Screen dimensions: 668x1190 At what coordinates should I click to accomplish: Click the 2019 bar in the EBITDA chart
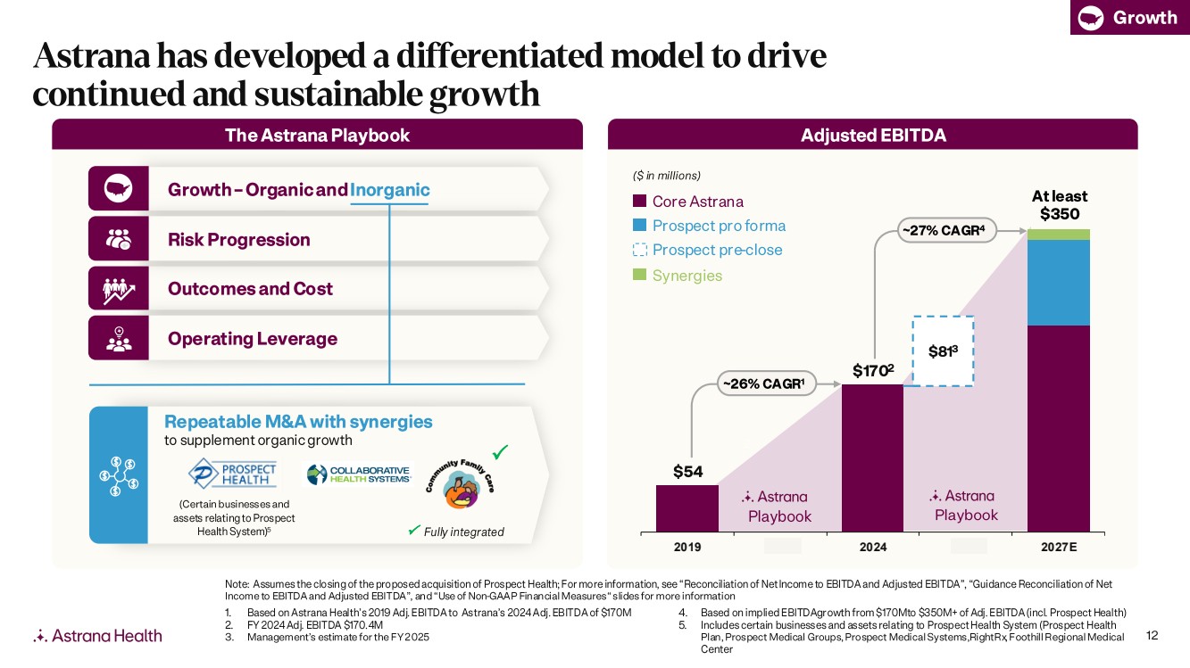click(x=687, y=508)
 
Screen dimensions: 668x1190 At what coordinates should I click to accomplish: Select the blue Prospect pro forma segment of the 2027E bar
click(x=1059, y=283)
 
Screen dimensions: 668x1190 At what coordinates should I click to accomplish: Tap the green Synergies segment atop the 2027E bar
click(x=1059, y=235)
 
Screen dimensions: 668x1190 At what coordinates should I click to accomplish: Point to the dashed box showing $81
click(x=942, y=351)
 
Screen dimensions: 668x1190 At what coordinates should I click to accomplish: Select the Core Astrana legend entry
click(x=687, y=202)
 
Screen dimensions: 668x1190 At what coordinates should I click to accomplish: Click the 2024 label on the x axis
click(x=872, y=547)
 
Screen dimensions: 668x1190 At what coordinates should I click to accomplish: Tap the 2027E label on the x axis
click(x=1059, y=547)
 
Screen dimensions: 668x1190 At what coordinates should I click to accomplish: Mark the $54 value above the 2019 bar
click(x=687, y=472)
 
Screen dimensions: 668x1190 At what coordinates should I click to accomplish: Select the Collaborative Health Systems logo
click(x=358, y=474)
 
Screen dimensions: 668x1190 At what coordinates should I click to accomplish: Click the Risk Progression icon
click(x=119, y=239)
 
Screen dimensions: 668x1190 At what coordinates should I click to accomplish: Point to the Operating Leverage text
click(x=253, y=339)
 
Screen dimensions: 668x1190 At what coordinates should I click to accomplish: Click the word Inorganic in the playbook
click(x=390, y=190)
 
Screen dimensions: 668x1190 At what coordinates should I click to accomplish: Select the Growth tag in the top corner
click(x=1129, y=17)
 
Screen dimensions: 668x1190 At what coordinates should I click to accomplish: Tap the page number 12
click(x=1152, y=635)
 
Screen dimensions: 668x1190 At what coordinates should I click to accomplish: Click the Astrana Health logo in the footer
click(x=97, y=636)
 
